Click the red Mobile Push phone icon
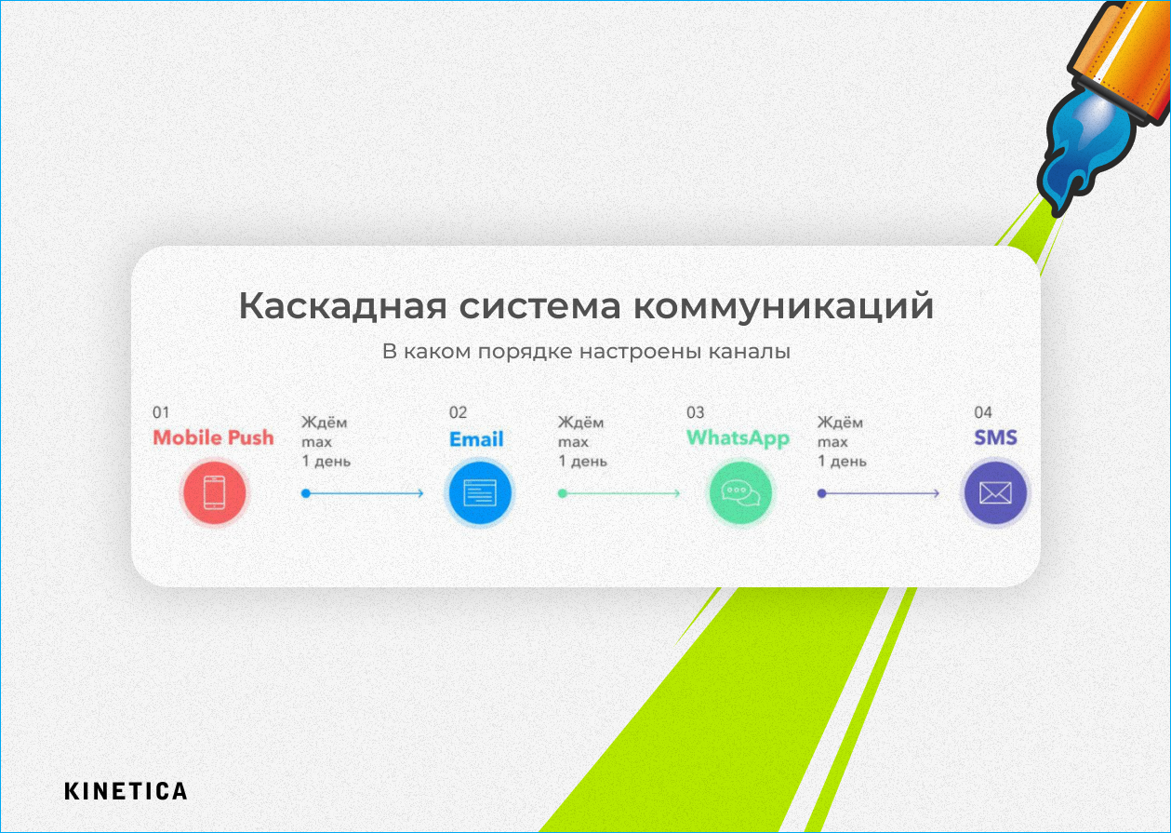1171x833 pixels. pos(214,493)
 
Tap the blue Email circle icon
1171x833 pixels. pos(480,493)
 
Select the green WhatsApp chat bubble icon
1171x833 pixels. pos(739,493)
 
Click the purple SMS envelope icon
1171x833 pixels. pos(995,493)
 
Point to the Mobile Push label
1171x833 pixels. pos(213,437)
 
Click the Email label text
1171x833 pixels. pos(476,439)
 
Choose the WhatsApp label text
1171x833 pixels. pos(738,438)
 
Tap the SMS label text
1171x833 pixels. pos(995,437)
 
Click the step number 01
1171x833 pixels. pos(161,412)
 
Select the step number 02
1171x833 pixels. pos(458,412)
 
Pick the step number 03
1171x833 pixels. pos(696,412)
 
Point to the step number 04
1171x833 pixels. pos(983,412)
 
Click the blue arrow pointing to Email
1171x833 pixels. pos(363,493)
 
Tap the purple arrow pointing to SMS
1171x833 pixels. pos(878,493)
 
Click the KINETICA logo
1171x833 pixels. pos(126,791)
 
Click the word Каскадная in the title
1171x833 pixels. pos(343,306)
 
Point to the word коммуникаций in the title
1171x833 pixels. pos(784,306)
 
